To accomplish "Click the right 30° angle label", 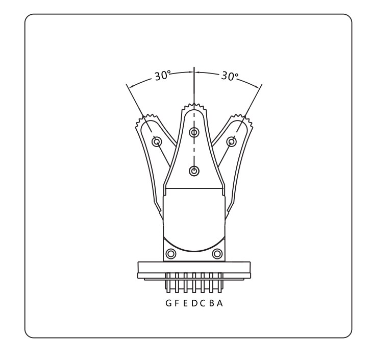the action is pos(230,76).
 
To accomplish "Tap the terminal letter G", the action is pos(169,303).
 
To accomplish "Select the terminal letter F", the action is pos(177,303).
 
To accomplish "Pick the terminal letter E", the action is pos(186,303).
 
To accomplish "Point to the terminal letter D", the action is pos(194,303).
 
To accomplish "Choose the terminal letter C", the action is pos(203,303).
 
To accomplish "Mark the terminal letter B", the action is pos(212,303).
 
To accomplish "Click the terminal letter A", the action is pos(220,303).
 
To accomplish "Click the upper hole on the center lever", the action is pos(194,132).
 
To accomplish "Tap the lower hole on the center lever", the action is pos(194,171).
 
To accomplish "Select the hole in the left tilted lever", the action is pos(157,142).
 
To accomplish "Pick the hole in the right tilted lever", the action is pos(231,142).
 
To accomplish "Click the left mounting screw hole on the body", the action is pos(171,254).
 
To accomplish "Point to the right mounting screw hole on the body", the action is pos(217,254).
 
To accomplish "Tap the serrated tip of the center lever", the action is pos(194,107).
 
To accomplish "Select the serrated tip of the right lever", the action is pos(242,120).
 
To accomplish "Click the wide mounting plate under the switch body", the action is pos(194,270).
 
